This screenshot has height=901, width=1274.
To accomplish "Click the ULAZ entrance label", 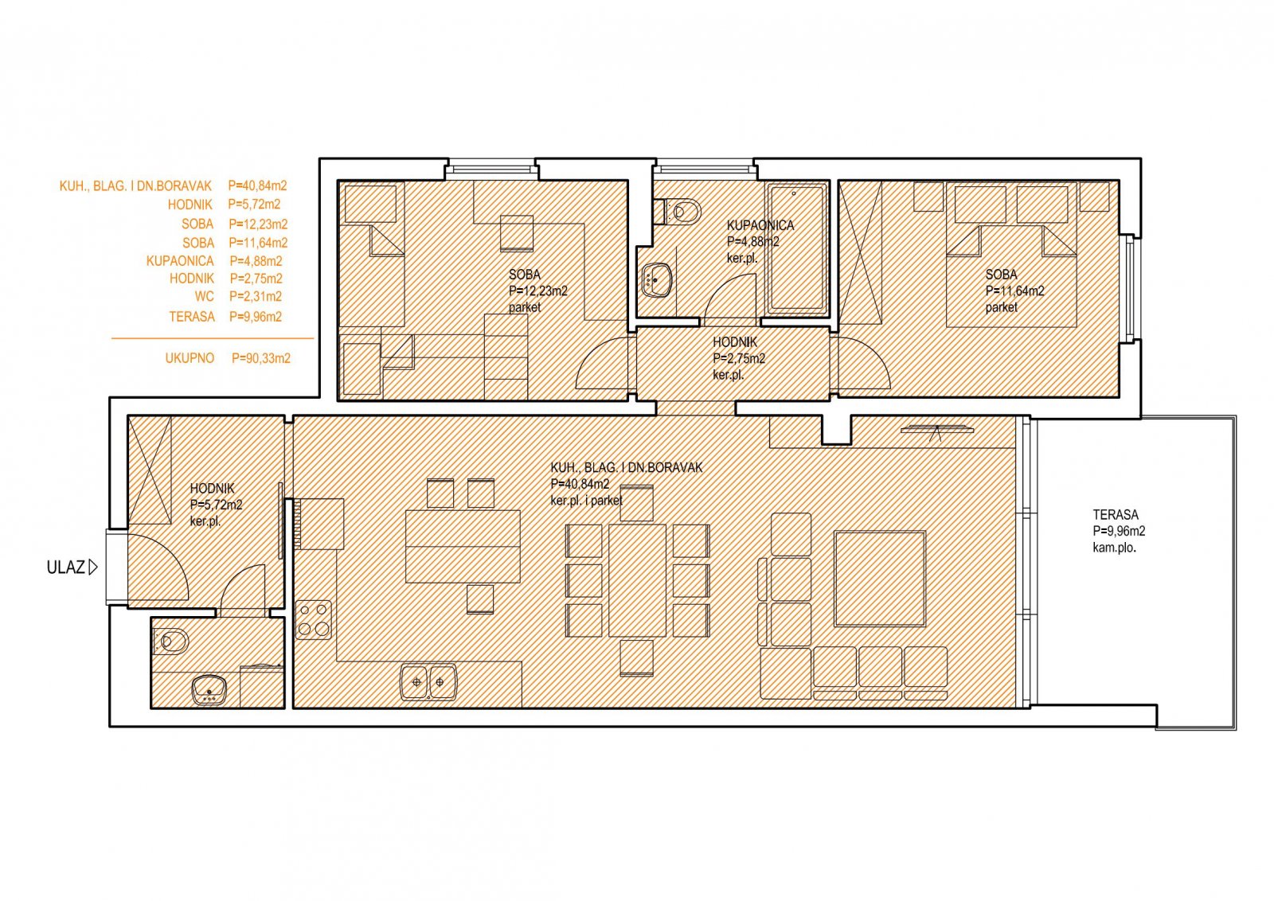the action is (x=66, y=568).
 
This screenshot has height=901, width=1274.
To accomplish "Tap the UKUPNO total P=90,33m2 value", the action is (x=261, y=358).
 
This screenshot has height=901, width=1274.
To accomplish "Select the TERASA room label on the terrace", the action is (x=1116, y=514).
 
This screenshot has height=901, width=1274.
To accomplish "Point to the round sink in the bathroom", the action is (x=657, y=279).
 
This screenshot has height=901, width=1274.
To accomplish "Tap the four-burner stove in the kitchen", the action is (x=314, y=620).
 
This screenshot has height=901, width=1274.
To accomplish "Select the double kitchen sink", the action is (x=428, y=681).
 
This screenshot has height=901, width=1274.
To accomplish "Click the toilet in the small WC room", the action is (x=170, y=642).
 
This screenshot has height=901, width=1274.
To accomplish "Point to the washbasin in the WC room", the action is (x=209, y=689).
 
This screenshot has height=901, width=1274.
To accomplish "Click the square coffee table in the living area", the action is (x=880, y=579).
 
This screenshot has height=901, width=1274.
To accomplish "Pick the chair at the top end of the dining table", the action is (x=636, y=503).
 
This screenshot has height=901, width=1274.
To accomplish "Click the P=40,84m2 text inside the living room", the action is (x=580, y=484).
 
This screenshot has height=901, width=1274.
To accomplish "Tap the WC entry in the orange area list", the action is (x=238, y=296).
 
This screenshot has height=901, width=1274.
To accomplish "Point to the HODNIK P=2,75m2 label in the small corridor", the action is (x=738, y=350).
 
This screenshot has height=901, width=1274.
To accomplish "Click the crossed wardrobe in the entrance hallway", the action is (x=150, y=470).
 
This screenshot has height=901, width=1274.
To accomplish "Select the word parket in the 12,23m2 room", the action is (x=525, y=307).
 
